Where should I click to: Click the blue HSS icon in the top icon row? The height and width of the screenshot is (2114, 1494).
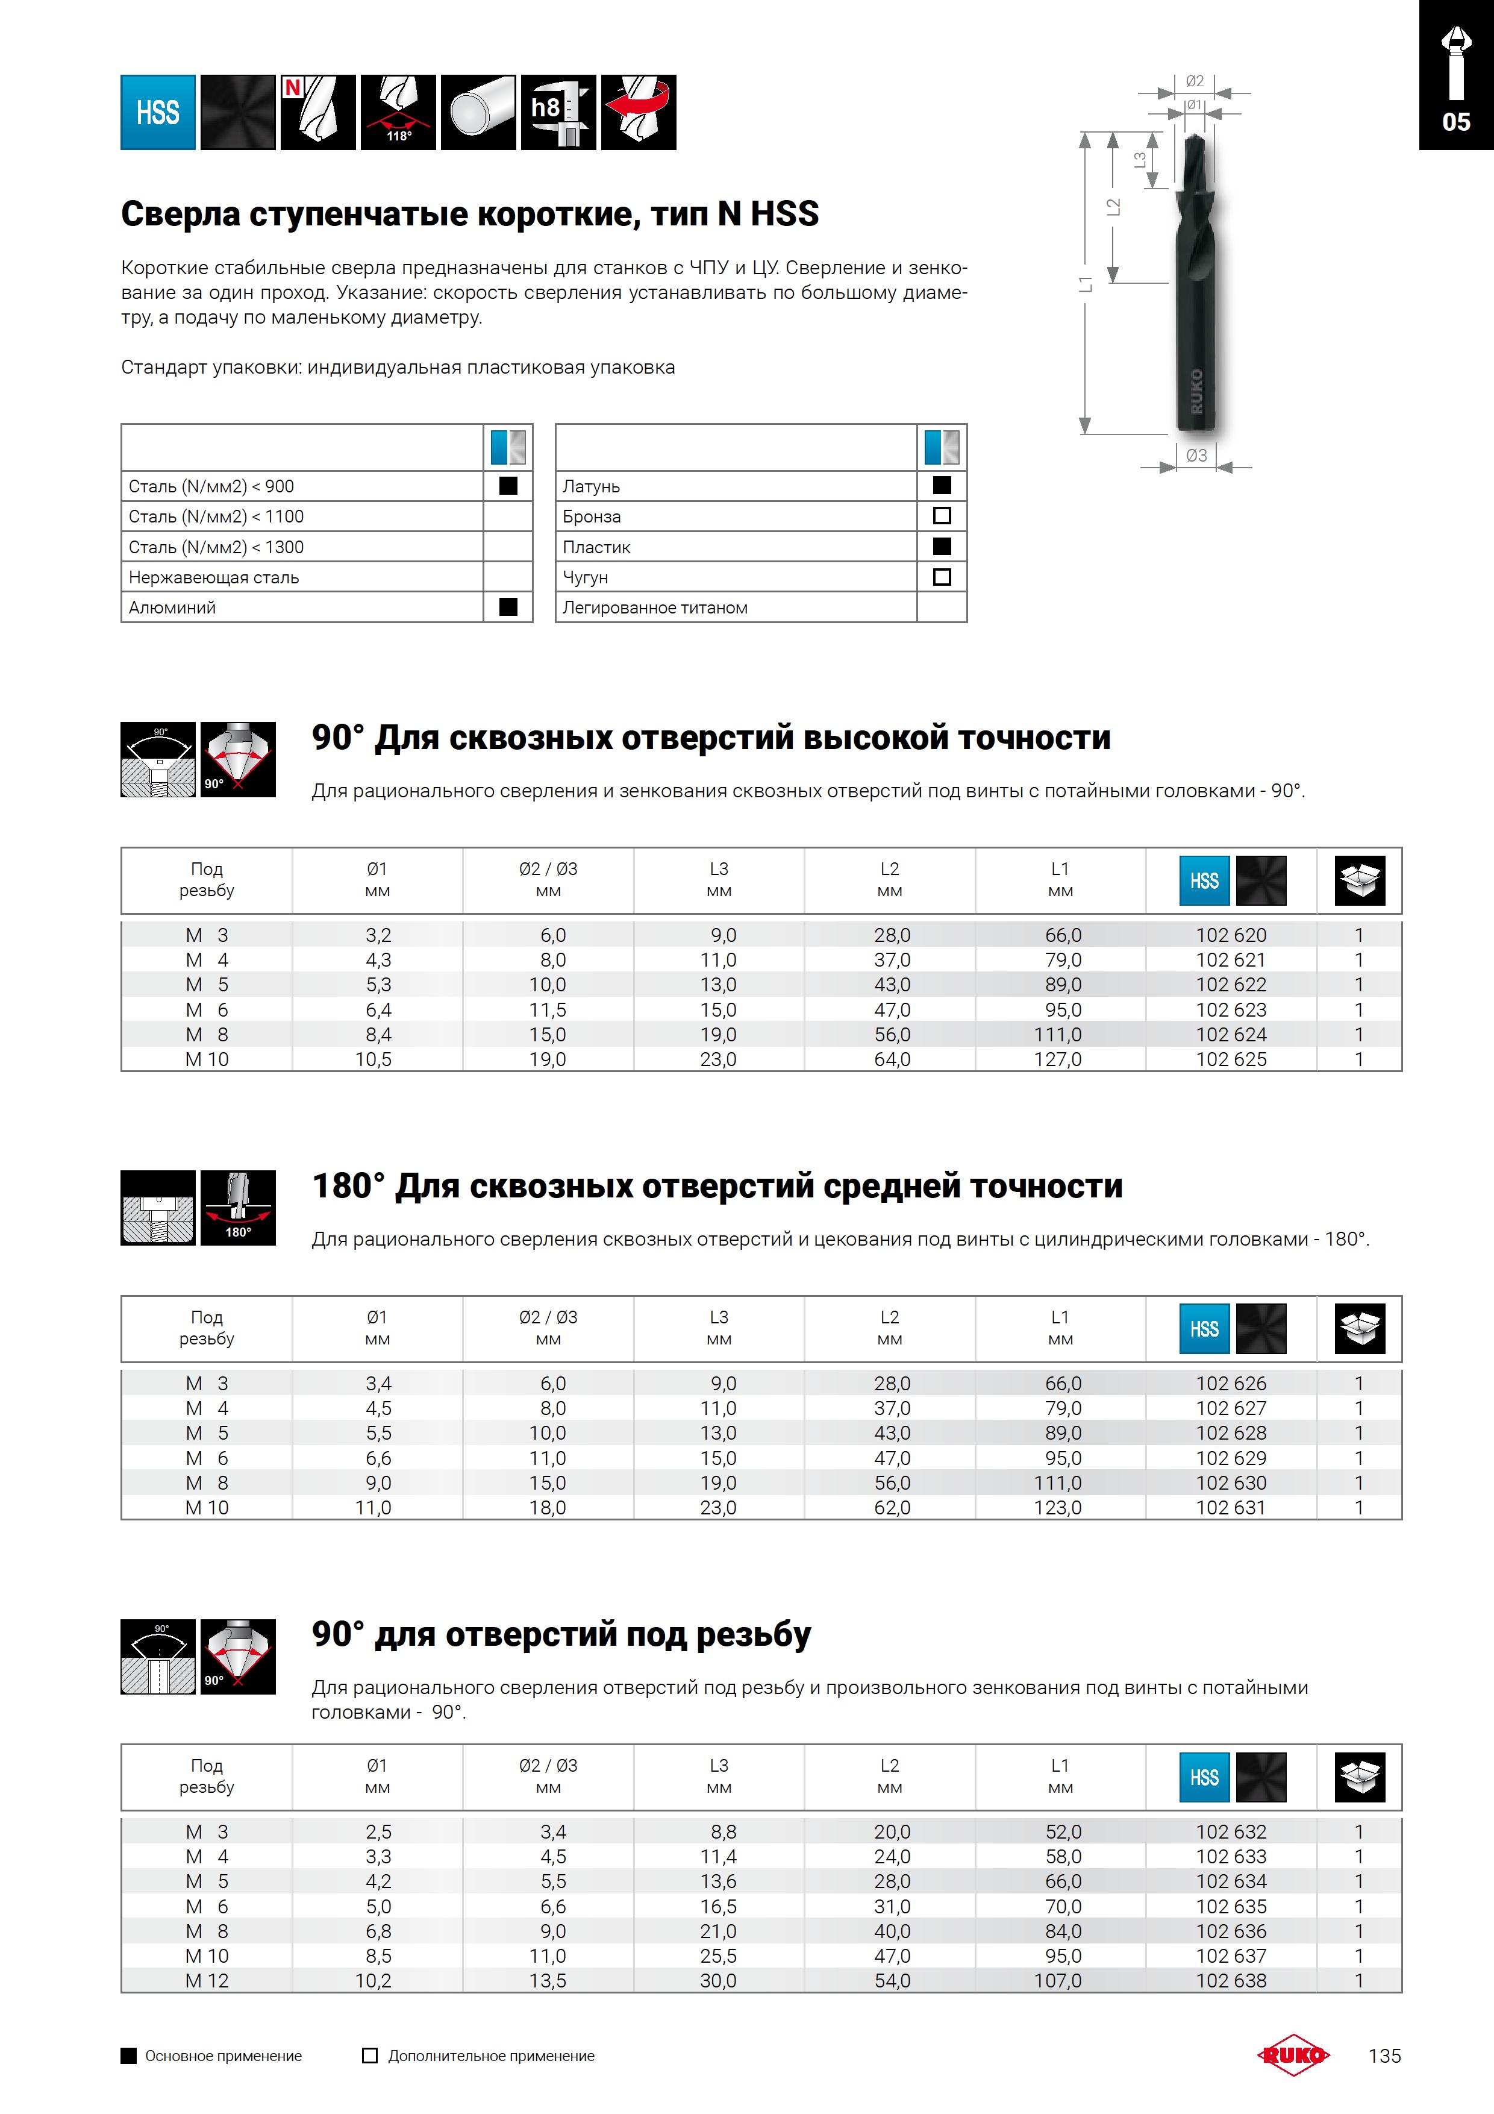tap(157, 112)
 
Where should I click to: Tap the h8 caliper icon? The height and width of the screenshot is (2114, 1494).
tap(558, 112)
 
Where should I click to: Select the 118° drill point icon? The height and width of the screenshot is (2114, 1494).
tap(399, 112)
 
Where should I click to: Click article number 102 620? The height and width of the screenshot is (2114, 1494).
tap(1231, 935)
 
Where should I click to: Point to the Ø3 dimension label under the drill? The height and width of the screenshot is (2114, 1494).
tap(1196, 455)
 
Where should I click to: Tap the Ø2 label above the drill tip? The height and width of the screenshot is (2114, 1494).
tap(1194, 81)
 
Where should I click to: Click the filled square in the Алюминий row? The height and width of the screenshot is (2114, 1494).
tap(508, 607)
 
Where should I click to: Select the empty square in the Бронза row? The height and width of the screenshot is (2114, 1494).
tap(942, 516)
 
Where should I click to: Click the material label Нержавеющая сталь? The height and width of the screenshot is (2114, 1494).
tap(214, 577)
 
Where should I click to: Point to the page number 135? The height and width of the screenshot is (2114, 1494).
tap(1384, 2056)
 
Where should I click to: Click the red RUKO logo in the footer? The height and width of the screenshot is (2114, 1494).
tap(1293, 2055)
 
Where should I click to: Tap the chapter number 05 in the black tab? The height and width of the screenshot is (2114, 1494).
tap(1455, 122)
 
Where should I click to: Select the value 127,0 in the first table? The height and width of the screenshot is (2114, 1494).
tap(1058, 1060)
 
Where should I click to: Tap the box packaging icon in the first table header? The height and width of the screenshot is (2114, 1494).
tap(1360, 880)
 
